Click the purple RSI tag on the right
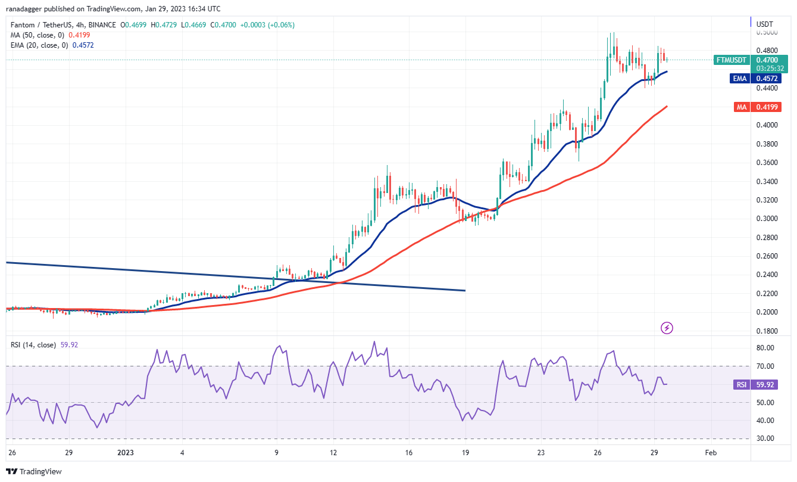(x=742, y=384)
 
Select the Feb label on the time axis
(x=711, y=453)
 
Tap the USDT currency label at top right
(x=764, y=24)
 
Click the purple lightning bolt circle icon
(x=667, y=328)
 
